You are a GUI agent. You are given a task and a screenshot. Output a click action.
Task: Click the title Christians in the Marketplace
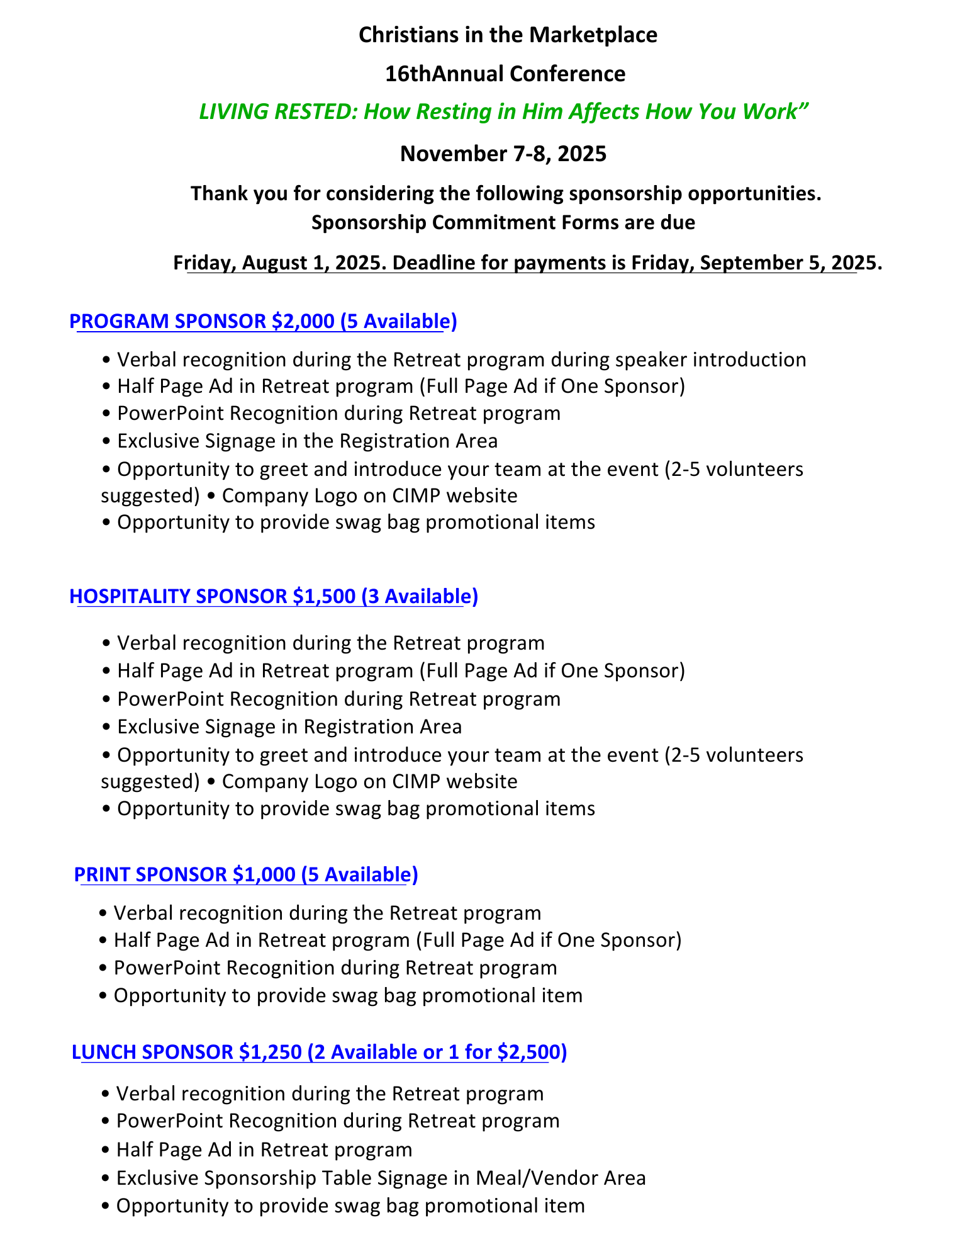(508, 35)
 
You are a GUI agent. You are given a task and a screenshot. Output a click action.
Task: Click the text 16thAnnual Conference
(505, 74)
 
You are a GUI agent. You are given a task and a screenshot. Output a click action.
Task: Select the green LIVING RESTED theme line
(503, 112)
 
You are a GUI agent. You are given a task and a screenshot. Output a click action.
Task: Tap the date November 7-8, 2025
(503, 154)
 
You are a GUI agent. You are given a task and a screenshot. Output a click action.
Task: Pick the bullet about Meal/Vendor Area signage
(381, 1178)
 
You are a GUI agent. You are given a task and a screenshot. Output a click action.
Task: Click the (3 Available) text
(420, 596)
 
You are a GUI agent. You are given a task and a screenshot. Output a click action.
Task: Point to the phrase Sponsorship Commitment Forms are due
(503, 223)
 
